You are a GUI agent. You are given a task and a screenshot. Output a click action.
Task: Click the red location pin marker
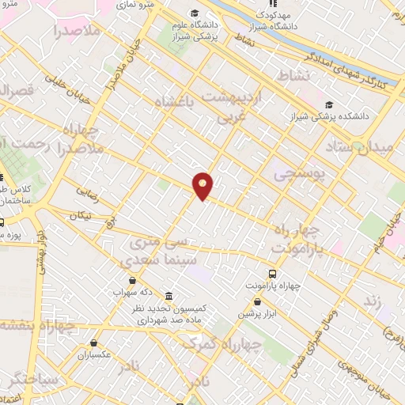(203, 186)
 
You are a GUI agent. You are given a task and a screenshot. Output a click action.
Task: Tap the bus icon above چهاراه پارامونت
(273, 274)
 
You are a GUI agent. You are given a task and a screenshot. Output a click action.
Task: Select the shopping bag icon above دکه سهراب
(132, 280)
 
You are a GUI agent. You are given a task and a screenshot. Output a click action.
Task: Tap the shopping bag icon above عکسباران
(94, 343)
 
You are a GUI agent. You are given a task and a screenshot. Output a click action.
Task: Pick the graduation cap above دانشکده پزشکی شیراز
(328, 104)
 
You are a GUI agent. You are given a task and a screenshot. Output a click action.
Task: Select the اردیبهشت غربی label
(232, 105)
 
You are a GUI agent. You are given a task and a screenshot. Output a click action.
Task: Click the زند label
(372, 302)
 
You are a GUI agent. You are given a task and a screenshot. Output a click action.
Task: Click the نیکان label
(80, 215)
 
